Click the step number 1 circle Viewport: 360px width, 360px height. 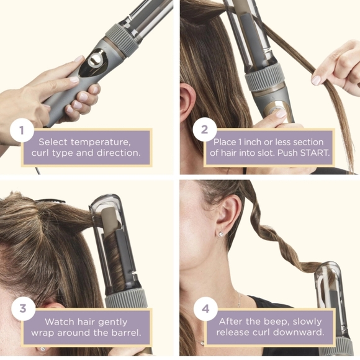click(22, 130)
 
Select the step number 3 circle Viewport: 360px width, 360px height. click(22, 309)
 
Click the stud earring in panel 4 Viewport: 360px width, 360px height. click(221, 234)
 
